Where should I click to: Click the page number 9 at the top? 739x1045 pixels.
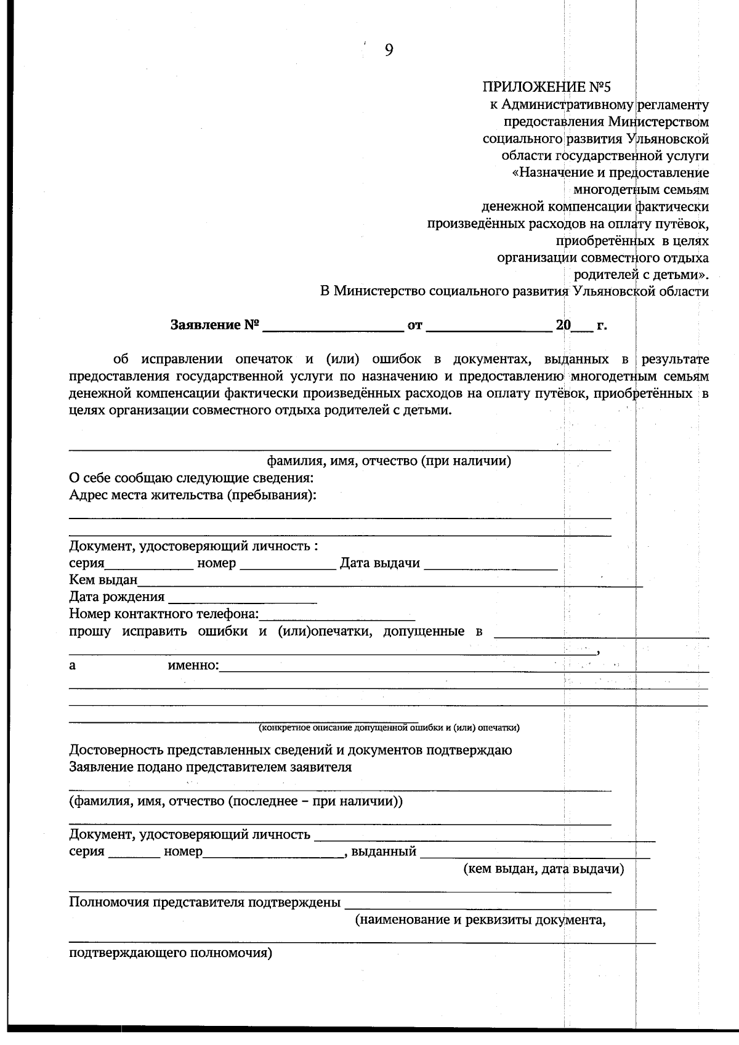pos(389,50)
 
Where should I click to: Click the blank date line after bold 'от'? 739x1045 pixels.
pos(490,326)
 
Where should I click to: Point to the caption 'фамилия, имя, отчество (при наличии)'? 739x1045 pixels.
pos(389,461)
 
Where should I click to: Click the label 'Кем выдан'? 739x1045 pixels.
pos(103,580)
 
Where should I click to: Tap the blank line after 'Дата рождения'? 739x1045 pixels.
pos(242,597)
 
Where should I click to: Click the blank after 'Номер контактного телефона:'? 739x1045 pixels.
pos(337,615)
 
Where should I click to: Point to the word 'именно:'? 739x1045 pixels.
pos(193,666)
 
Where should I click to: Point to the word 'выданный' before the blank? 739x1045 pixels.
pos(384,852)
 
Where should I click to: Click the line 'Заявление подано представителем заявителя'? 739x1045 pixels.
pos(210,767)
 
